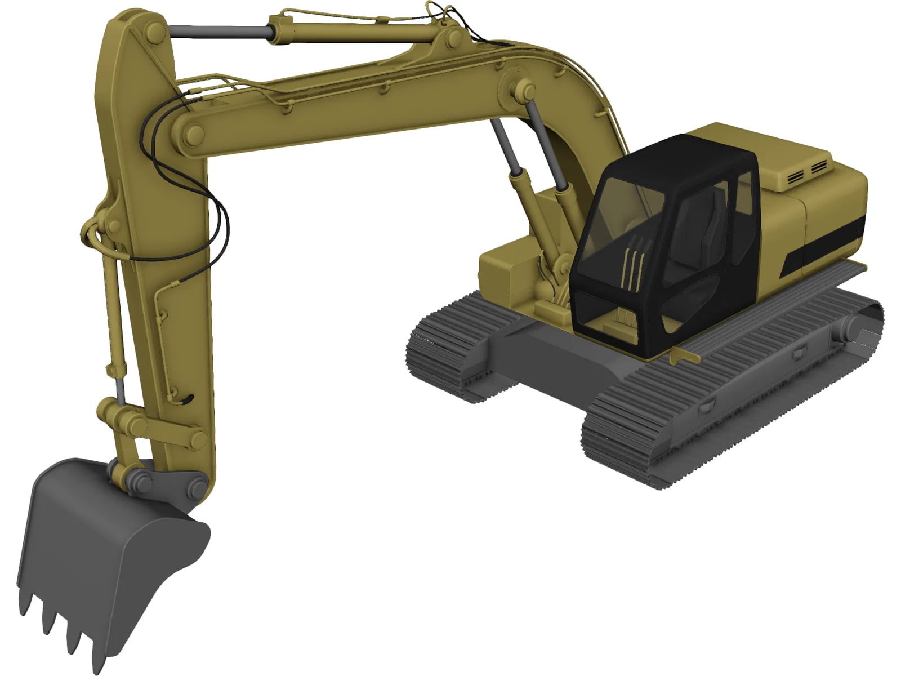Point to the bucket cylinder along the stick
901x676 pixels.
click(113, 315)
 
